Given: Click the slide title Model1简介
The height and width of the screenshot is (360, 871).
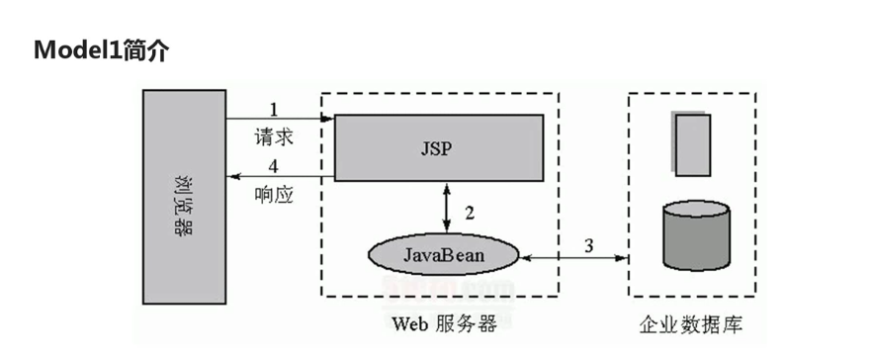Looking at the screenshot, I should (100, 50).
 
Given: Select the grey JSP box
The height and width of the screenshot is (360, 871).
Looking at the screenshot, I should (438, 147).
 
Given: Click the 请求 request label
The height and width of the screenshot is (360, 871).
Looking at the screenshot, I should (274, 134).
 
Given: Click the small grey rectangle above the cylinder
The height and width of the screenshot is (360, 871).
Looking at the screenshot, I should (692, 143).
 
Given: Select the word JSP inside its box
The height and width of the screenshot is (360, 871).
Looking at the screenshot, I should (436, 148).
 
